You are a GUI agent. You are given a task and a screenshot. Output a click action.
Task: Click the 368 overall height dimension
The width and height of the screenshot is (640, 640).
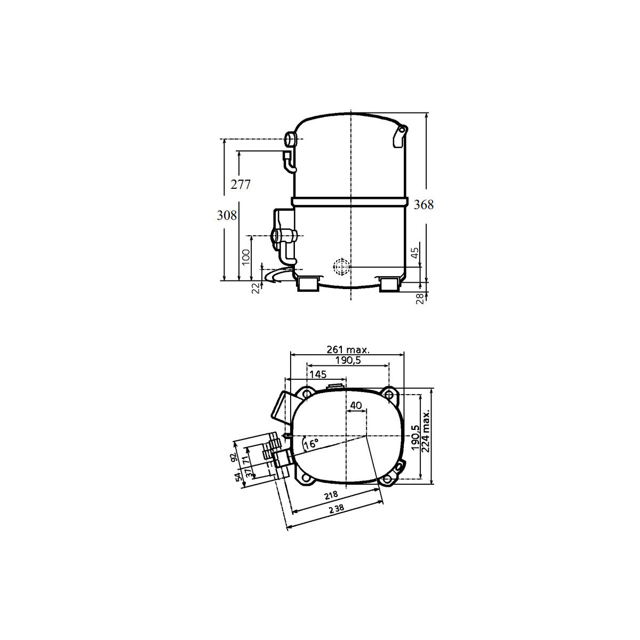point(423,205)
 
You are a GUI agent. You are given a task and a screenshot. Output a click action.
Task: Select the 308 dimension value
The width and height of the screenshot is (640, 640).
point(227,215)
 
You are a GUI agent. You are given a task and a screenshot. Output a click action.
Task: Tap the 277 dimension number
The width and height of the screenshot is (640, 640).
point(241,185)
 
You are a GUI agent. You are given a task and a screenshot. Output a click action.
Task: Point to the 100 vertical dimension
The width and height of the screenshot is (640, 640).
point(246,257)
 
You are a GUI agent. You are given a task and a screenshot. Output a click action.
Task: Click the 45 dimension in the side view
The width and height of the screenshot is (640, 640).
point(415,253)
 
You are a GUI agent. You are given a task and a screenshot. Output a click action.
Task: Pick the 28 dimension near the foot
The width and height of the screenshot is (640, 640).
point(420,299)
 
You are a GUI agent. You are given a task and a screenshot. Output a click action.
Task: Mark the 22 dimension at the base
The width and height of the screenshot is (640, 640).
point(255,289)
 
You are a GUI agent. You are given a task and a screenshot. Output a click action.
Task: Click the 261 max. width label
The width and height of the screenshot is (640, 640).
point(348,350)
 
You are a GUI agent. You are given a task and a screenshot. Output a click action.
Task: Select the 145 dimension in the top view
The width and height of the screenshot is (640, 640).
point(318,374)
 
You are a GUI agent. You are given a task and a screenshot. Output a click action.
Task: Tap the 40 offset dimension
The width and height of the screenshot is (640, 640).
point(356,405)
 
